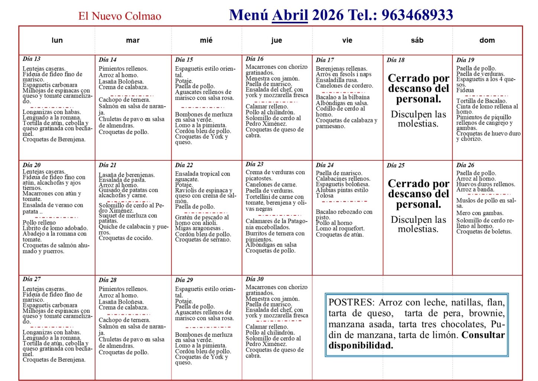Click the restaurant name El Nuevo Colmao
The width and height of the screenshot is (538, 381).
pos(120,16)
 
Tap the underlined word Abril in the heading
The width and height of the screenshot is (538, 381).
pos(290,15)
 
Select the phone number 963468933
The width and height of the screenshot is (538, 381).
pos(417,15)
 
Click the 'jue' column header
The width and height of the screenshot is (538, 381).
pos(276,40)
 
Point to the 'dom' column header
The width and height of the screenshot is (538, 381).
pos(487,40)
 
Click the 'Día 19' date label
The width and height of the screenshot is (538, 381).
pos(465,60)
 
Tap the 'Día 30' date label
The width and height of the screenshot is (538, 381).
pos(255,279)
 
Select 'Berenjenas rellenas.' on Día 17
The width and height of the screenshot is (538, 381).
pos(341,68)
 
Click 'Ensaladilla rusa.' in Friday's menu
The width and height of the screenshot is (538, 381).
pos(337,80)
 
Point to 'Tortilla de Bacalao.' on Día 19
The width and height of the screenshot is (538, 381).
pos(481,101)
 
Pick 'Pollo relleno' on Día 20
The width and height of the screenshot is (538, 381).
pos(39,222)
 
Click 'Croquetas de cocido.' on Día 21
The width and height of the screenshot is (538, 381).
pos(125,238)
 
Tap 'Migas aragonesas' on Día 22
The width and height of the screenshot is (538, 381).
pos(198,228)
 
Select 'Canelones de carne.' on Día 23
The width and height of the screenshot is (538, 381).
pos(271,185)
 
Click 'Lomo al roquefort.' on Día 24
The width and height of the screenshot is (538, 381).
pos(340,228)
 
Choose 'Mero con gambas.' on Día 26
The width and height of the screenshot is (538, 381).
pos(480,213)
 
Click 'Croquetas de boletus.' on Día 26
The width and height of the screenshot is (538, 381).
pos(484,231)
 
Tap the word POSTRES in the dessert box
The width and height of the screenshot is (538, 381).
pos(351,302)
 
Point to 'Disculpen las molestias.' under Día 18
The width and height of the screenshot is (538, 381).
pos(418,119)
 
